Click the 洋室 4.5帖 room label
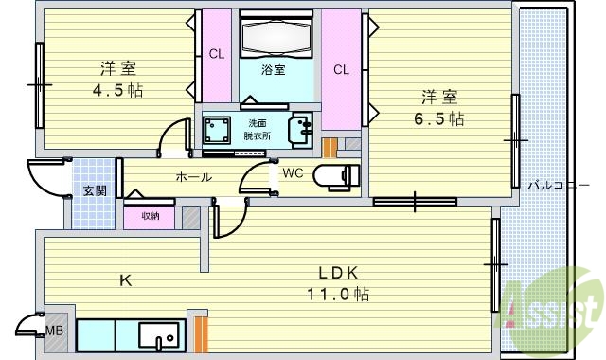click(118, 79)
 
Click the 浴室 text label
click(274, 71)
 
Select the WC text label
click(292, 173)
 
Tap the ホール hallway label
click(193, 177)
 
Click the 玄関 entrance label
click(95, 190)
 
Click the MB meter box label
click(54, 331)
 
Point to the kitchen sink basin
click(159, 335)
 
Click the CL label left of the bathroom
click(217, 54)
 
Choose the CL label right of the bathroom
click(341, 68)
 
